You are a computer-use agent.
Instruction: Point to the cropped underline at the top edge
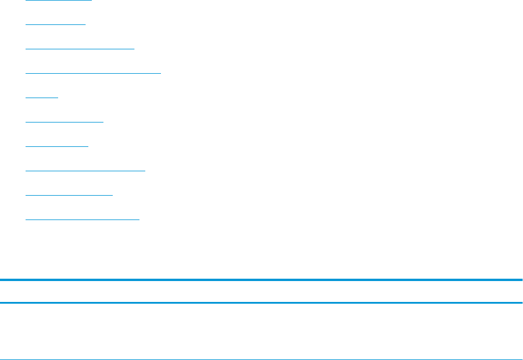[59, 1]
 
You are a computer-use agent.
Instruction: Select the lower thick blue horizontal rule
[261, 303]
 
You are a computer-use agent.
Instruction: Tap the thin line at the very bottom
[261, 359]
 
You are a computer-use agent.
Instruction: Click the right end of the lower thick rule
[521, 303]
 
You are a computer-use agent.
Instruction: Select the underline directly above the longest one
[80, 49]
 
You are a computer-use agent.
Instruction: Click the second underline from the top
[55, 24]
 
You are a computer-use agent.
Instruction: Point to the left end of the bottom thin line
[1, 359]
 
